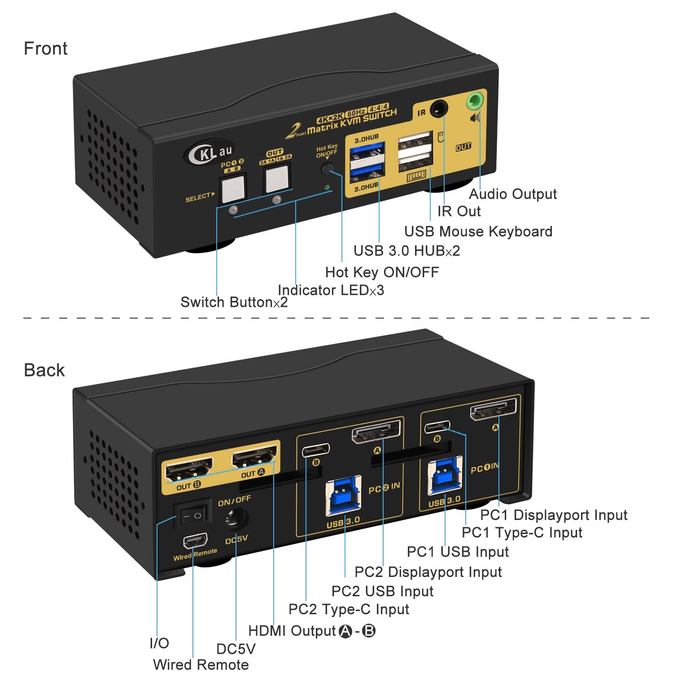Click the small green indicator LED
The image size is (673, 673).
coord(327,187)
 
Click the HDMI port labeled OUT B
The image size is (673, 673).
coord(189,469)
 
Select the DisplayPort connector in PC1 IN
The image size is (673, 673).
coord(493,409)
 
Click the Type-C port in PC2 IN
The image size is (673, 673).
coord(316,449)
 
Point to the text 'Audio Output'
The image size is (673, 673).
coord(512,194)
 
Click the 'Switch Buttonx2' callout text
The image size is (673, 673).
coord(234,302)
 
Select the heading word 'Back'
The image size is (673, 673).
coord(44,370)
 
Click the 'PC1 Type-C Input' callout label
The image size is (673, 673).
coord(522,533)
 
